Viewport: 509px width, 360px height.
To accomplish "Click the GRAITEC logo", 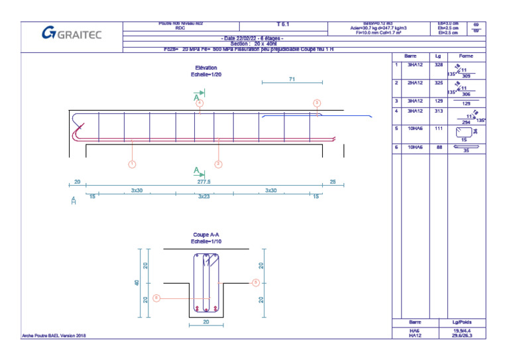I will pos(72,33).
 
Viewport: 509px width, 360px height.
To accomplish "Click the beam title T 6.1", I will pos(282,25).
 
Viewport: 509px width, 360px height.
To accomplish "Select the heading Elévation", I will pos(206,68).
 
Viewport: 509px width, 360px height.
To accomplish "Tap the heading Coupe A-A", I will pos(206,235).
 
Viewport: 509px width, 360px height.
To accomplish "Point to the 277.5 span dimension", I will pos(204,181).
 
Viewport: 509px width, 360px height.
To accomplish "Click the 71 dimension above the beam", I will pos(292,79).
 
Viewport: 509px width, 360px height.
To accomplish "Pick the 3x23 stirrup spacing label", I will pos(204,196).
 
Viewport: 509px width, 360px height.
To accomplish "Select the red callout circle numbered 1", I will pos(133,163).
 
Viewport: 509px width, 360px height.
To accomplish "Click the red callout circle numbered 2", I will pos(218,163).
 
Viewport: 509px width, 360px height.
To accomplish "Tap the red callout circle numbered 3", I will pos(317,103).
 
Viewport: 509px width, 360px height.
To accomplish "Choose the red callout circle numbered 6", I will pos(156,298).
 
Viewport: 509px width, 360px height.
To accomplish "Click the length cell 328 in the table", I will pos(438,66).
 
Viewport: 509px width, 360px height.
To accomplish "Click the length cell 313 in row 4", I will pos(438,111).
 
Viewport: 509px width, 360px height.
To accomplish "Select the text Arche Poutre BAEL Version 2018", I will pos(54,335).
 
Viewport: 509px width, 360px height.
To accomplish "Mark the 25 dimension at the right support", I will pos(333,181).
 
